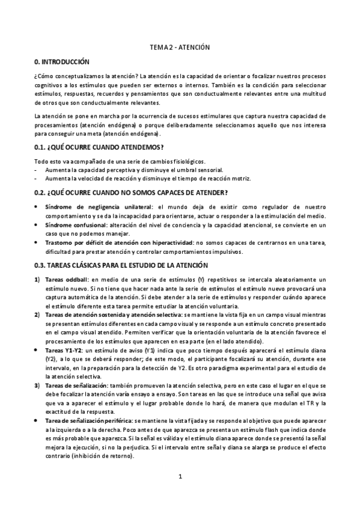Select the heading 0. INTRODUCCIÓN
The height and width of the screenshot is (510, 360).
62,63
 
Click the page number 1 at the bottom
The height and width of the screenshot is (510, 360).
180,478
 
